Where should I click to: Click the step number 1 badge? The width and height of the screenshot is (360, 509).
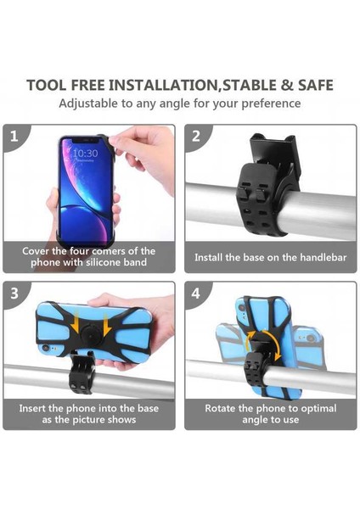click(14, 136)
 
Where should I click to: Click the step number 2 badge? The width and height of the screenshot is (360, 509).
click(196, 136)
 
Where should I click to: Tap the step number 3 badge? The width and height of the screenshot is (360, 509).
click(14, 294)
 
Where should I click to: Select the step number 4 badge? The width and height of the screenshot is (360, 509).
click(196, 294)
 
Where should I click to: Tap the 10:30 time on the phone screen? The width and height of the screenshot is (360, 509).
click(84, 154)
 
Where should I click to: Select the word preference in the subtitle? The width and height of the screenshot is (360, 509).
click(269, 103)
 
